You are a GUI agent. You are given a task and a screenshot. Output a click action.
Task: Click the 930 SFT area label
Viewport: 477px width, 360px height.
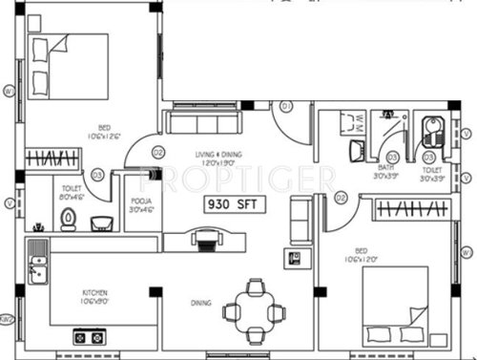click(x=232, y=204)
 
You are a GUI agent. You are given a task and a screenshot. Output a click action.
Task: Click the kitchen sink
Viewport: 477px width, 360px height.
click(x=36, y=269)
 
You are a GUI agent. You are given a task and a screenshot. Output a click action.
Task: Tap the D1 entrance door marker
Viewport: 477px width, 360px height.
click(x=283, y=107)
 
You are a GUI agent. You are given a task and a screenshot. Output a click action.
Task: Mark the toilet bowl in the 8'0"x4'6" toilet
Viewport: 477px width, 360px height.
click(x=68, y=219)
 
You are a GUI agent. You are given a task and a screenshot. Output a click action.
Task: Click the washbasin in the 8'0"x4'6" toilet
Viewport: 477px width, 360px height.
click(x=100, y=222)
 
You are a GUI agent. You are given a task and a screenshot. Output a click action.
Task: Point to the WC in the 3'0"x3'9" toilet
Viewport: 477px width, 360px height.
click(x=430, y=131)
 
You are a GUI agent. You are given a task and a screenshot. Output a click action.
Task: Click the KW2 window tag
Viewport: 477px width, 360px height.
click(x=7, y=320)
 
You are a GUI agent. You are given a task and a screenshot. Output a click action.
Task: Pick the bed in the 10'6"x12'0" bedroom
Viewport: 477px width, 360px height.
click(x=400, y=303)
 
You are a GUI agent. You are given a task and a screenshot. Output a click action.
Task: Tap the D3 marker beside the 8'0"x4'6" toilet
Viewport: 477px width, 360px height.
click(x=97, y=174)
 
